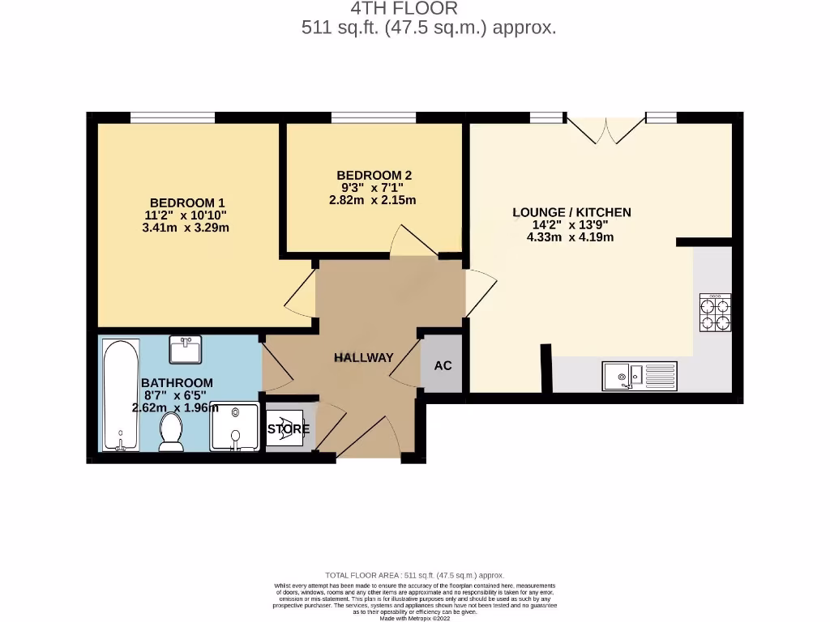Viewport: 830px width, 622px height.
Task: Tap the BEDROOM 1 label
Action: pyautogui.click(x=187, y=202)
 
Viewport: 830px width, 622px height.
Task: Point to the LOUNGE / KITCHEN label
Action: pyautogui.click(x=571, y=212)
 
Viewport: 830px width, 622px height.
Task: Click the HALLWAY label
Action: pyautogui.click(x=364, y=357)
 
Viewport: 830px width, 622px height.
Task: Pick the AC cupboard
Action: pyautogui.click(x=442, y=365)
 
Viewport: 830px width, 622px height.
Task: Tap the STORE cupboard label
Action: pyautogui.click(x=289, y=429)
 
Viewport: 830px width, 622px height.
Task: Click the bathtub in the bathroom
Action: pyautogui.click(x=122, y=394)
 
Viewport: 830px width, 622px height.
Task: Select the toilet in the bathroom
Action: pyautogui.click(x=171, y=432)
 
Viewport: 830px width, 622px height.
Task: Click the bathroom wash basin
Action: pyautogui.click(x=186, y=350)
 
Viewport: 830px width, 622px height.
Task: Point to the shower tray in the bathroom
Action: pyautogui.click(x=236, y=427)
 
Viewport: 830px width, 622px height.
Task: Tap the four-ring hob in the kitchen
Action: pyautogui.click(x=715, y=313)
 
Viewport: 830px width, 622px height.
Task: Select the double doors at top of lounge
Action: pyautogui.click(x=605, y=128)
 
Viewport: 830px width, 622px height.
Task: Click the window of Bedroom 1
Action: pyautogui.click(x=172, y=117)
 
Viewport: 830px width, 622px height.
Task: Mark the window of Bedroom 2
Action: pyautogui.click(x=374, y=117)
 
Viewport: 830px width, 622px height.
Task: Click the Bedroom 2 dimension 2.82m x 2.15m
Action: pyautogui.click(x=372, y=200)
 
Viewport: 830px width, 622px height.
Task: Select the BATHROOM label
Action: pyautogui.click(x=177, y=383)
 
